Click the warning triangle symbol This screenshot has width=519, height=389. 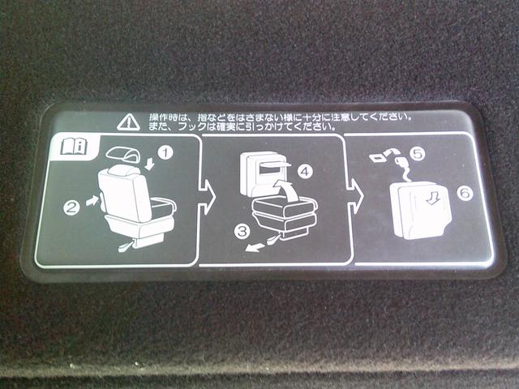click(129, 122)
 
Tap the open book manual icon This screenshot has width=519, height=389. click(74, 147)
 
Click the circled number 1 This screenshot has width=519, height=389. click(165, 153)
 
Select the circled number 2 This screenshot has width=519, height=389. click(71, 208)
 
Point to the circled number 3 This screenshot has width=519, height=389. click(242, 231)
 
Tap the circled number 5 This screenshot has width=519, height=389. click(418, 153)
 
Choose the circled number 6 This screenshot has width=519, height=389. click(465, 193)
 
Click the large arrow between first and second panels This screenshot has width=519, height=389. click(207, 197)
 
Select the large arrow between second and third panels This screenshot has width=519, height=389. click(354, 196)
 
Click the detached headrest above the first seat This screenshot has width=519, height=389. click(122, 155)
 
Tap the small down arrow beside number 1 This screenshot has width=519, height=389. click(150, 164)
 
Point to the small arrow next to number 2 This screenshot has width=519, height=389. click(92, 200)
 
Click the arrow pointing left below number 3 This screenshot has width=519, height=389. click(255, 247)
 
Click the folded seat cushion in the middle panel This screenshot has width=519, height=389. click(284, 216)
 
